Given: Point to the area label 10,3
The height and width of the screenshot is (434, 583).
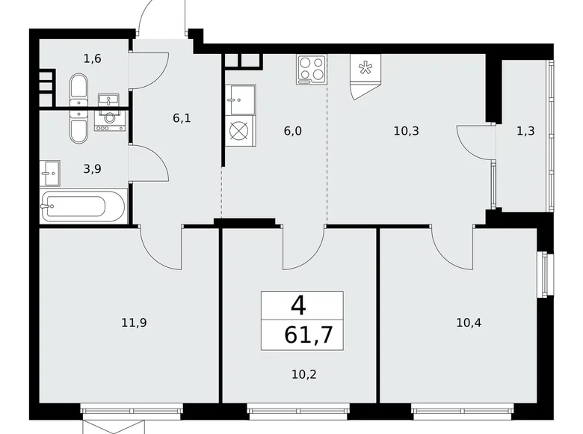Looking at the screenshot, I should click(x=406, y=129).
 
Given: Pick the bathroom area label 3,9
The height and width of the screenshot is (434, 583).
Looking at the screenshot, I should click(x=92, y=168).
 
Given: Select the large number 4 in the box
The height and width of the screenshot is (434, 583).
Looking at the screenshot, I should click(x=299, y=305).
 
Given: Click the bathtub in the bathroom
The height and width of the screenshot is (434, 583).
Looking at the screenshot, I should click(x=83, y=206).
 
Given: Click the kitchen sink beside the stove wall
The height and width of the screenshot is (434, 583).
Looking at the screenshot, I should click(x=241, y=98).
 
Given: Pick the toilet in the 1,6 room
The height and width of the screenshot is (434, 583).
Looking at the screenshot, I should click(x=78, y=89).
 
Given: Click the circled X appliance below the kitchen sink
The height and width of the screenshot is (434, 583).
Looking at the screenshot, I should click(x=238, y=132).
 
